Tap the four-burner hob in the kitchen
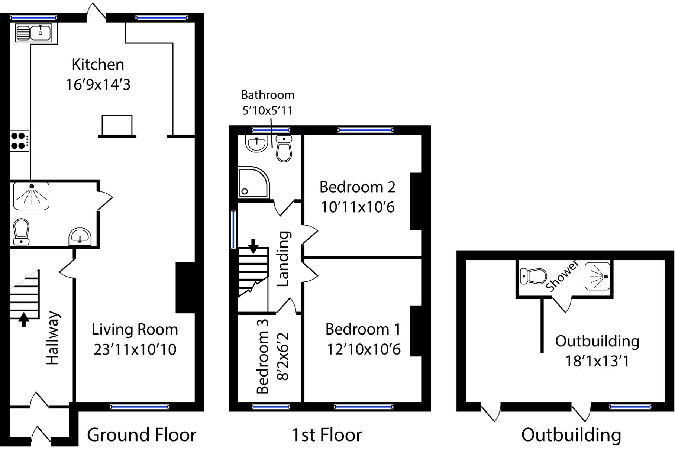[x=19, y=140]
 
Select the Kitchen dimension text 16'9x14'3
[x=98, y=85]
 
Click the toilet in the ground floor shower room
[x=22, y=231]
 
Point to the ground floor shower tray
[x=31, y=196]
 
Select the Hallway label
[x=52, y=338]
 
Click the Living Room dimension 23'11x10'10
[x=135, y=349]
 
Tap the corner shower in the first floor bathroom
[x=253, y=182]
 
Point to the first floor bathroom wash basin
[x=256, y=143]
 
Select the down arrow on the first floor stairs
[x=253, y=246]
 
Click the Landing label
[x=283, y=258]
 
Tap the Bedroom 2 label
[x=357, y=187]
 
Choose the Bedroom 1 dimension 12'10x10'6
[x=364, y=349]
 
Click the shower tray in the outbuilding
[x=597, y=276]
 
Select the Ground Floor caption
[x=142, y=435]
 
